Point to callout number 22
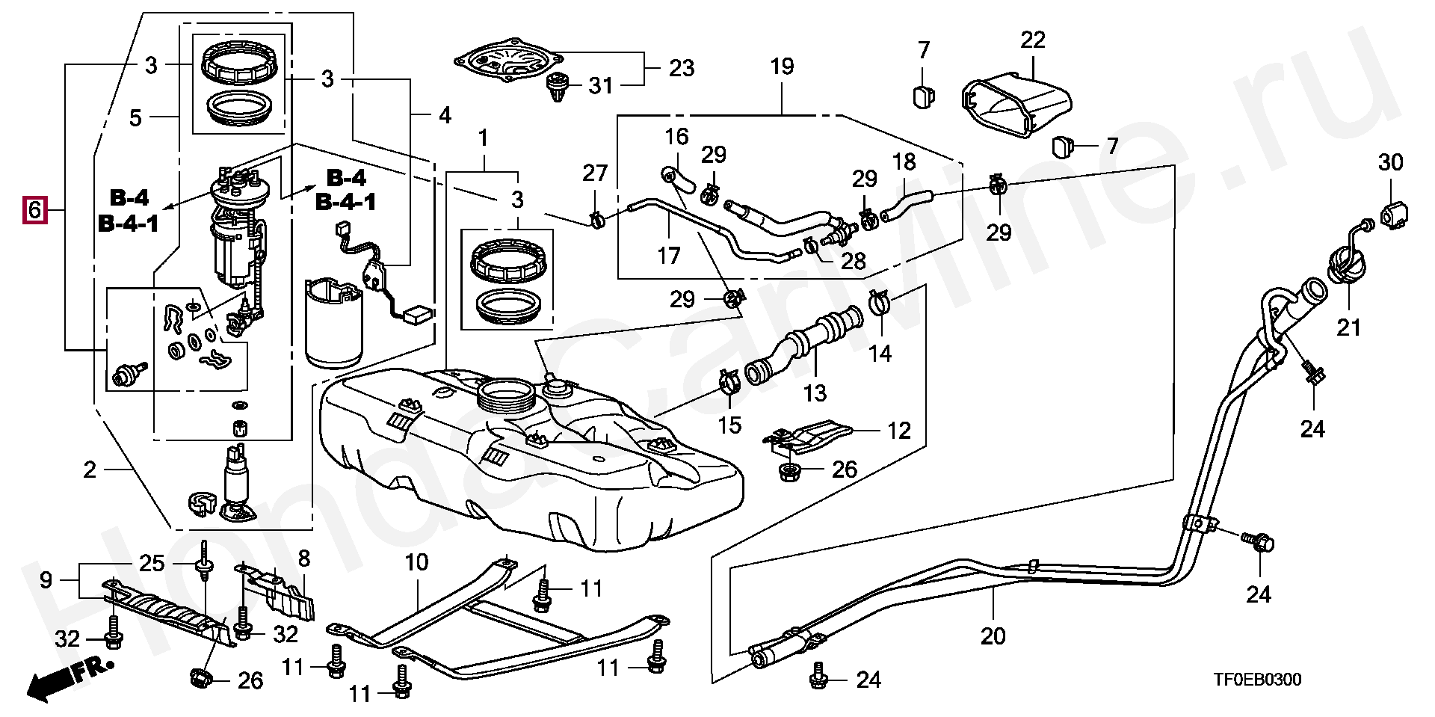pos(1033,40)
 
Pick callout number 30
pos(1390,162)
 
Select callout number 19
pos(782,67)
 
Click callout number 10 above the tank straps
pos(416,561)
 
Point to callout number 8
pos(303,557)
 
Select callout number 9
pos(46,579)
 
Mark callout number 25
pos(152,563)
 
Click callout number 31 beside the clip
pos(600,86)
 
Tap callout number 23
pos(682,68)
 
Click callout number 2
pos(90,470)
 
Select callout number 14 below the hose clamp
pos(880,352)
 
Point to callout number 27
pos(595,173)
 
